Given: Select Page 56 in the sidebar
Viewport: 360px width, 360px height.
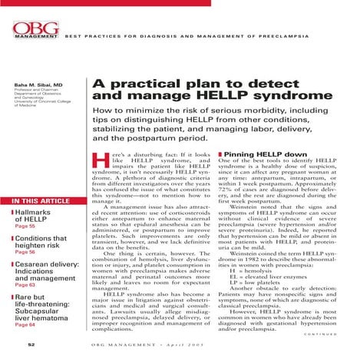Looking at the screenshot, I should click(26, 273).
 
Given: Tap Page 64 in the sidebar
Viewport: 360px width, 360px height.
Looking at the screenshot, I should click(26, 346).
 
